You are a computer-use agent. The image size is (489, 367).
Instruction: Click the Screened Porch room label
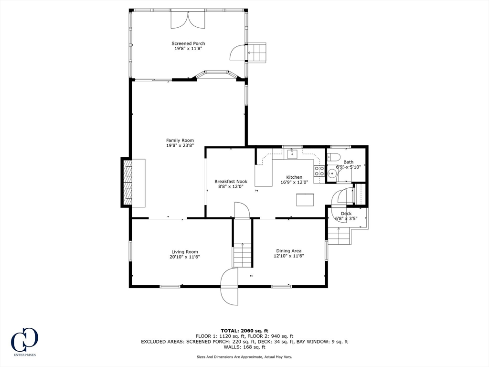pos(188,43)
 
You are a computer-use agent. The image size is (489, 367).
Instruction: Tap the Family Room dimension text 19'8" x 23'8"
pos(180,145)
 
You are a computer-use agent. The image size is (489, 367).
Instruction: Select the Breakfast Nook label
pos(231,181)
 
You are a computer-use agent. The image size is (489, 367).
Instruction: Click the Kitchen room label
pos(294,177)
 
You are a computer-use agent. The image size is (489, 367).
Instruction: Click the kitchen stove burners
pos(319,172)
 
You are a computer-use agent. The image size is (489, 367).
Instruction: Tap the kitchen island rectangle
pos(305,200)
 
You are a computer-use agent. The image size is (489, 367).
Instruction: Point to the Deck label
pos(346,214)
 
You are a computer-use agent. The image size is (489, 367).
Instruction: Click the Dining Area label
pos(289,250)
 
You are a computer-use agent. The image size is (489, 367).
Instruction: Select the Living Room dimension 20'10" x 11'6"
pos(185,257)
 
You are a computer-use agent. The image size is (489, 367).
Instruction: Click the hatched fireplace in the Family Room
pos(127,183)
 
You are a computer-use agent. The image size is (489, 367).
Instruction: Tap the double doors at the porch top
pos(188,20)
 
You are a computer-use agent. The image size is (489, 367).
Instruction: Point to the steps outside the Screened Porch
pos(257,53)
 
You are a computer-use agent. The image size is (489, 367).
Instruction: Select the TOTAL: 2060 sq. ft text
pos(244,331)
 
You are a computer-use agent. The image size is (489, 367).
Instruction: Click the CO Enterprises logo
pos(25,341)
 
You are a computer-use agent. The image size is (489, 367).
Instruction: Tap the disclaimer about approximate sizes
pos(244,356)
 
